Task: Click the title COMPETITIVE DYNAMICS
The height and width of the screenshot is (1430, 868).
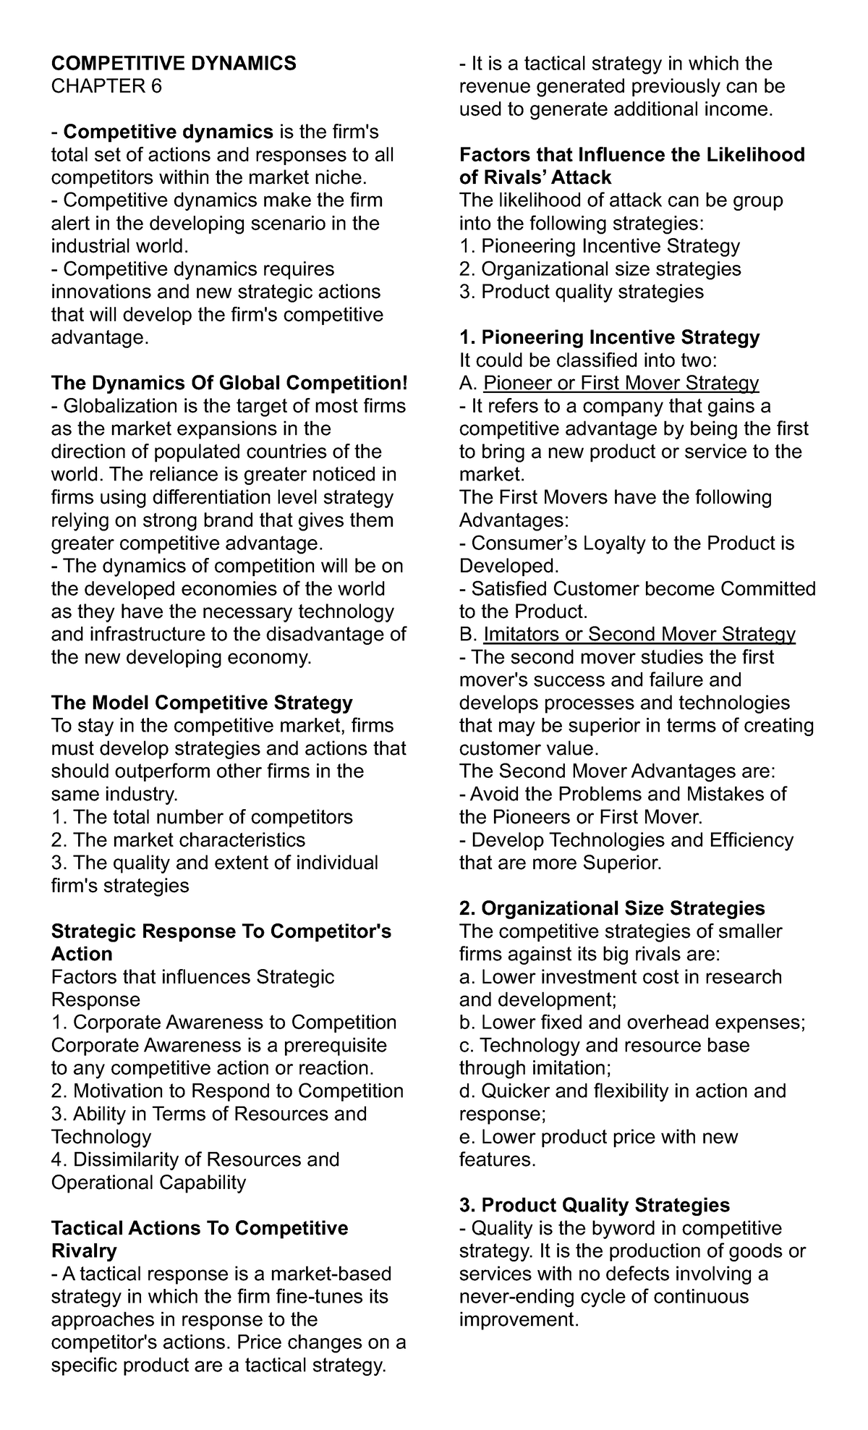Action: pos(174,64)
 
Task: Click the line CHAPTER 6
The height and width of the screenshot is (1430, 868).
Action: pos(106,87)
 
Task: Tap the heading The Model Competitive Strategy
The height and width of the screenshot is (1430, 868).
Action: pos(202,703)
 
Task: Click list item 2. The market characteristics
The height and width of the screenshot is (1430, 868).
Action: pos(179,840)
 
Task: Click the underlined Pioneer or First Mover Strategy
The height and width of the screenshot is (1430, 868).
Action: pos(621,383)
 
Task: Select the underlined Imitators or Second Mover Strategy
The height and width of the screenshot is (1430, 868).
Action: pos(639,635)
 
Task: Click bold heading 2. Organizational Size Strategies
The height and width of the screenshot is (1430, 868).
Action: pos(612,908)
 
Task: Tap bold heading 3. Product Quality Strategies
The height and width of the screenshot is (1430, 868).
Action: pos(595,1206)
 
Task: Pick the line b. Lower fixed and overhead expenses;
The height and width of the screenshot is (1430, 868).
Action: pos(632,1023)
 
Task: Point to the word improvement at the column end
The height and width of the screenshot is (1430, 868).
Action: pos(519,1320)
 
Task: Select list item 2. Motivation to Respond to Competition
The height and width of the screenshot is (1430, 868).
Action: pos(227,1091)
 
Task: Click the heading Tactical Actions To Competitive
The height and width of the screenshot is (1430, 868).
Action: pos(200,1229)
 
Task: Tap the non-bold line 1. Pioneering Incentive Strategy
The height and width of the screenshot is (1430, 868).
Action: pos(600,246)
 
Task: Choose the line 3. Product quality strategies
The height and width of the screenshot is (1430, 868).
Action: pos(582,292)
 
